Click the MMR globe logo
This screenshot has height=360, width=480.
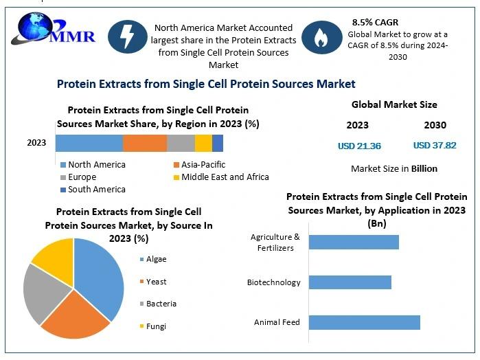point(53,28)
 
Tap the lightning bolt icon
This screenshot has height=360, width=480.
point(127,36)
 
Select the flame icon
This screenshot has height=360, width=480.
point(322,37)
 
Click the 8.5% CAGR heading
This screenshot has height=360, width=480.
point(375,23)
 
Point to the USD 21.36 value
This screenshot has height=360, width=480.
point(359,146)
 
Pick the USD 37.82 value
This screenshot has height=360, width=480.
point(435,145)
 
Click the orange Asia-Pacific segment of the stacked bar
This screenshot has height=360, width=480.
point(145,143)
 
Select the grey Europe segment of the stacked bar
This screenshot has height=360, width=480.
point(181,143)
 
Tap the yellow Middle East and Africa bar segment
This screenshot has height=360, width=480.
point(203,143)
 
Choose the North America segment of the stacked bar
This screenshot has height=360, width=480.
point(89,143)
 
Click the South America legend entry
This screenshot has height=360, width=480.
point(93,190)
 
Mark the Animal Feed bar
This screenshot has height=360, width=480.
point(364,323)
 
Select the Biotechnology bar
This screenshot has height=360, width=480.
point(350,282)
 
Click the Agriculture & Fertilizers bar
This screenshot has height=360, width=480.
point(354,242)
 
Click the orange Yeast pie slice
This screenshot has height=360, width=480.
point(75,315)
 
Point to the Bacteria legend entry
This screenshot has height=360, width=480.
point(158,304)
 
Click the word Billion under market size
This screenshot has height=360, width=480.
point(424,168)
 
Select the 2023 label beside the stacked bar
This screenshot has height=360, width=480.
point(36,143)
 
